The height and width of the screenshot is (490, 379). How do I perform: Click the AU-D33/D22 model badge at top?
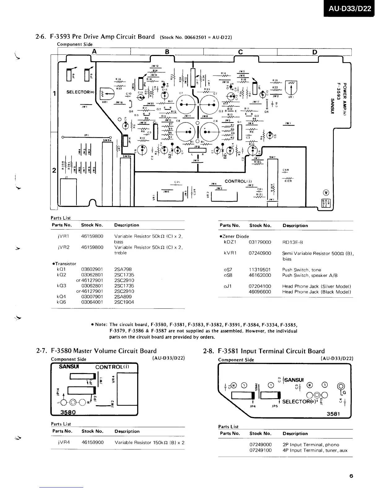coord(349,8)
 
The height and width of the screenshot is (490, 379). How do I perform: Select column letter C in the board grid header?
coord(240,52)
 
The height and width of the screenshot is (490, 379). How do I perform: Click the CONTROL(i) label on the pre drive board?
coord(238,181)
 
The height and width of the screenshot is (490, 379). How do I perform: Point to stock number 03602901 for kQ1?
coord(92,269)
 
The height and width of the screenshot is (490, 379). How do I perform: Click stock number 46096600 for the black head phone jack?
coord(260,292)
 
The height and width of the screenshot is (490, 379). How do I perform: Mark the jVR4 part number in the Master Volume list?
coord(63,442)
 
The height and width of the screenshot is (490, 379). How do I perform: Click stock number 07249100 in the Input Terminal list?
coord(260,450)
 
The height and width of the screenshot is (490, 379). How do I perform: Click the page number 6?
coord(351,476)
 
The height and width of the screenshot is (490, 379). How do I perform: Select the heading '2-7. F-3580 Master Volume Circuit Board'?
coord(96,351)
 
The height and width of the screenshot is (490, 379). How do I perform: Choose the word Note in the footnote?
coord(101,325)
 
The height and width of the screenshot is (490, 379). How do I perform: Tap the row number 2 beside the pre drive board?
coord(54,170)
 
